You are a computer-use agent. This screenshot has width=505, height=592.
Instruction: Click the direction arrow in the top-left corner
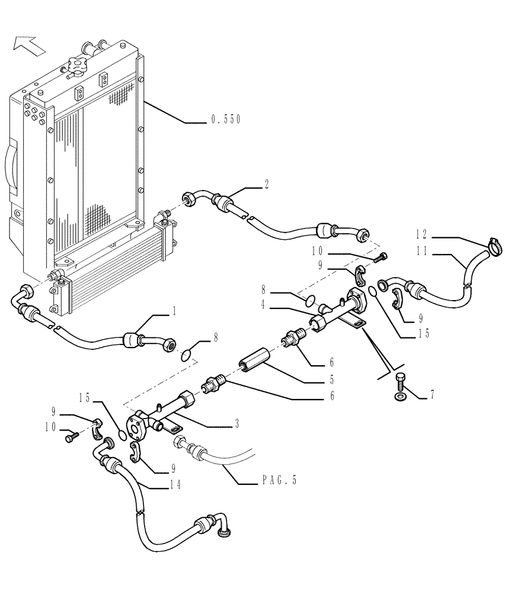pos(28,44)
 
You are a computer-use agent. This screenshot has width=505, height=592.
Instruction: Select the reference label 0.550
pos(225,120)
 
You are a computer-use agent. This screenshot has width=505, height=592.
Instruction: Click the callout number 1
pos(175,310)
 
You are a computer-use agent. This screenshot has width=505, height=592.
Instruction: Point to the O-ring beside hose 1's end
pos(185,355)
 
